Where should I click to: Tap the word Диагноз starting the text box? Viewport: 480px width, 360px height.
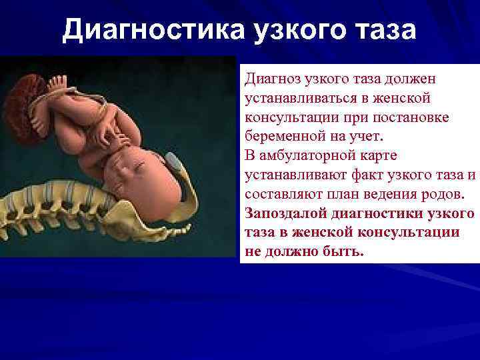coord(269,79)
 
